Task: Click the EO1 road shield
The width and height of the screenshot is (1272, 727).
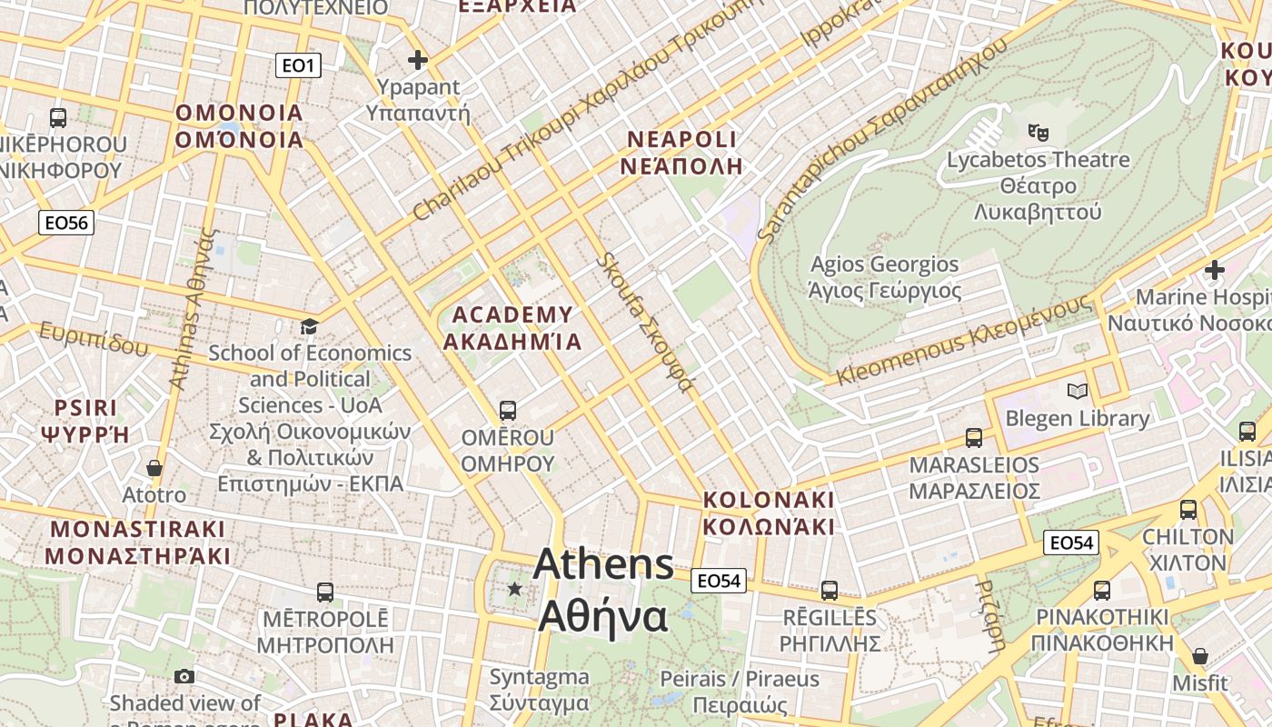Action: pyautogui.click(x=298, y=65)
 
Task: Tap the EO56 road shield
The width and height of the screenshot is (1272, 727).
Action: pyautogui.click(x=67, y=223)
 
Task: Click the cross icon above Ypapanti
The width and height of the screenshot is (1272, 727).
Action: pyautogui.click(x=418, y=61)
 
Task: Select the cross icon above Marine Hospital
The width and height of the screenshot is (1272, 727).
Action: pyautogui.click(x=1214, y=270)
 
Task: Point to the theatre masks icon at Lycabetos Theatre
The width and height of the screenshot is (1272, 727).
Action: pyautogui.click(x=1038, y=133)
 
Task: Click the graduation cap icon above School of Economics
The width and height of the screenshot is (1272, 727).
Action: pyautogui.click(x=310, y=326)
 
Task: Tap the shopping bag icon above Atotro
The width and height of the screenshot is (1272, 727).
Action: pyautogui.click(x=154, y=468)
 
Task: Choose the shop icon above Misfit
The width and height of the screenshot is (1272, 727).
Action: pyautogui.click(x=1200, y=656)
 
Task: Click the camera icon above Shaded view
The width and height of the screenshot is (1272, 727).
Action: pyautogui.click(x=184, y=676)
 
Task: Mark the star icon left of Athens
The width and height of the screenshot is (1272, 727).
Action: pyautogui.click(x=515, y=589)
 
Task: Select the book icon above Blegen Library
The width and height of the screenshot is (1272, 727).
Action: pyautogui.click(x=1077, y=392)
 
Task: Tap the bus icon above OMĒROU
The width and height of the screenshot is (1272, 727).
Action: pyautogui.click(x=507, y=411)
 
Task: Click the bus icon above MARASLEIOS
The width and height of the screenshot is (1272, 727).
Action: pyautogui.click(x=974, y=438)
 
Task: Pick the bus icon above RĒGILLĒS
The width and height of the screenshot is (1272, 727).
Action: pyautogui.click(x=830, y=591)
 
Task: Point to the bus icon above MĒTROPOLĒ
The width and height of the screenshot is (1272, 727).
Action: pyautogui.click(x=324, y=593)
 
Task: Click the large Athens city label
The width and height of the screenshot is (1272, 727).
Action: pyautogui.click(x=604, y=591)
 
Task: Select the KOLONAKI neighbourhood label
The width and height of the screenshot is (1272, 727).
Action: pyautogui.click(x=769, y=513)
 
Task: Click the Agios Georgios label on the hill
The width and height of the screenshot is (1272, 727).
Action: pyautogui.click(x=884, y=277)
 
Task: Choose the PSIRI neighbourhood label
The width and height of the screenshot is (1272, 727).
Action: pyautogui.click(x=85, y=420)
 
